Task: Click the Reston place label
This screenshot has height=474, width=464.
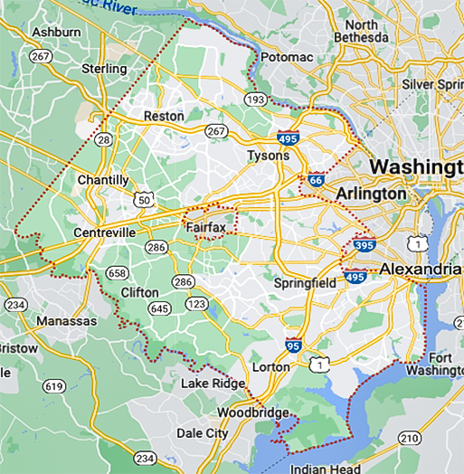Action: [164, 116]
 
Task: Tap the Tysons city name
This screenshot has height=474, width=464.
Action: [268, 156]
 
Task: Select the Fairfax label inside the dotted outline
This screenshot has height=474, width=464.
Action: [206, 227]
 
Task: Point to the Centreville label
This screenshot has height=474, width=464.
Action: [104, 232]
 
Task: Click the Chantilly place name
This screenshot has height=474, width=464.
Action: [103, 180]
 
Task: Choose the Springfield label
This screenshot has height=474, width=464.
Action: [306, 283]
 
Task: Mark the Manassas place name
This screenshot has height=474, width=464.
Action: [66, 321]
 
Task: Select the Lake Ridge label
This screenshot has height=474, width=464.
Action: [213, 384]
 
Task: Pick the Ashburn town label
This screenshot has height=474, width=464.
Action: [56, 32]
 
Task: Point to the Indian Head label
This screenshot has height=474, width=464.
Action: [326, 469]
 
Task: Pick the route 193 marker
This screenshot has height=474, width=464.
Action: [254, 97]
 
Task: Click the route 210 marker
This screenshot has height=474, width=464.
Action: [409, 438]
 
